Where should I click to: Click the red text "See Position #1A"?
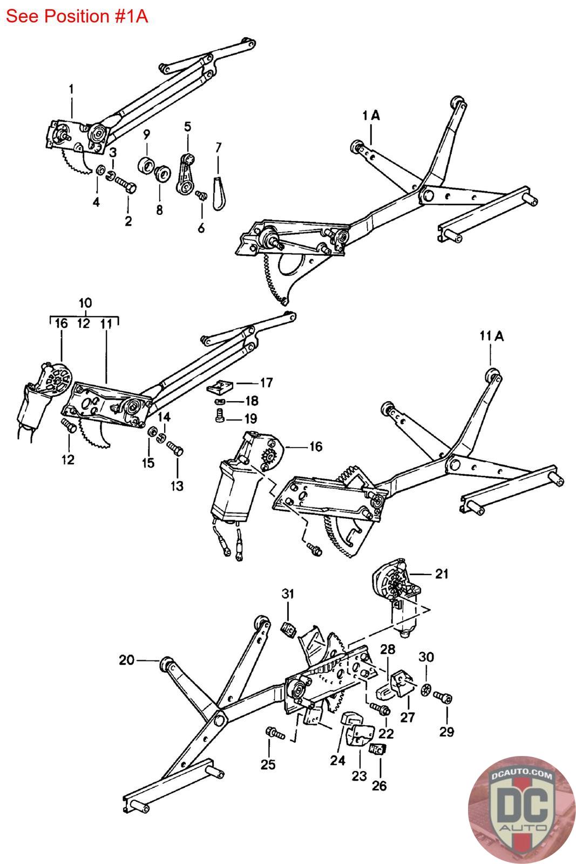tap(77, 17)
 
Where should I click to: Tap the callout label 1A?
tap(371, 116)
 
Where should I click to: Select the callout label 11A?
tap(492, 336)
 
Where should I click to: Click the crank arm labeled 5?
tap(186, 174)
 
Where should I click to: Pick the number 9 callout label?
tap(146, 134)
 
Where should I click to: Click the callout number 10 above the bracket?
tap(85, 303)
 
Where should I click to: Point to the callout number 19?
tap(251, 419)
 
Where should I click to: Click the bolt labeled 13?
tap(175, 449)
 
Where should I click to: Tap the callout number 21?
tap(442, 575)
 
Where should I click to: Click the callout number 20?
tap(126, 660)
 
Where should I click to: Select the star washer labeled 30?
tap(425, 689)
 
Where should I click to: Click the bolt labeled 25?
tap(275, 733)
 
